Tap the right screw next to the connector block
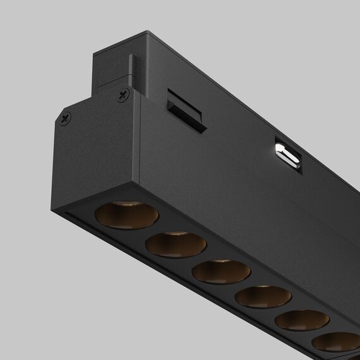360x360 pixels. coord(121,95)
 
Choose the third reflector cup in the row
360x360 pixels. coord(221,270)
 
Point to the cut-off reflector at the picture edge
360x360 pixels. coord(338,342)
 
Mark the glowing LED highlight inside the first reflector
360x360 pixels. coord(126,204)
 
